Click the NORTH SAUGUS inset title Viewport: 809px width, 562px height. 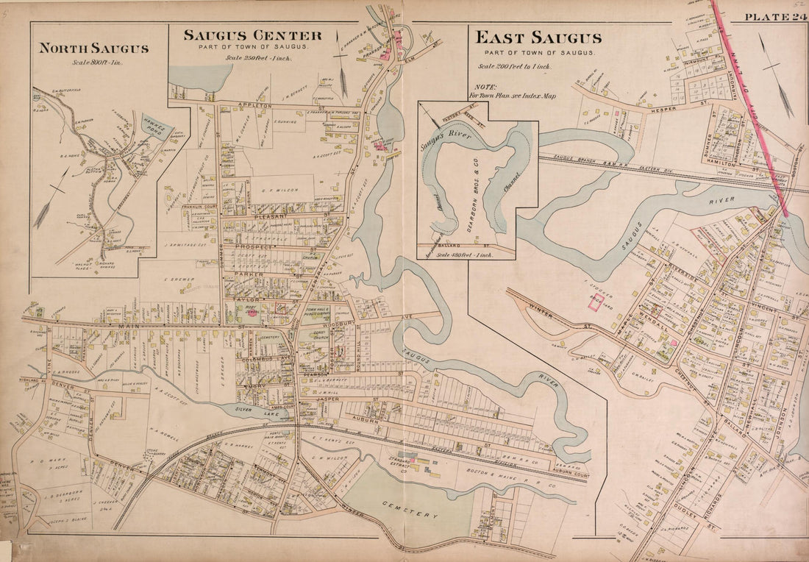pyautogui.click(x=93, y=49)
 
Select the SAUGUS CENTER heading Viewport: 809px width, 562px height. pyautogui.click(x=252, y=35)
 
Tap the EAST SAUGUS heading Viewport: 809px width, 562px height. pyautogui.click(x=538, y=38)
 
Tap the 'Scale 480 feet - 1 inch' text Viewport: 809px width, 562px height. pyautogui.click(x=465, y=254)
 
